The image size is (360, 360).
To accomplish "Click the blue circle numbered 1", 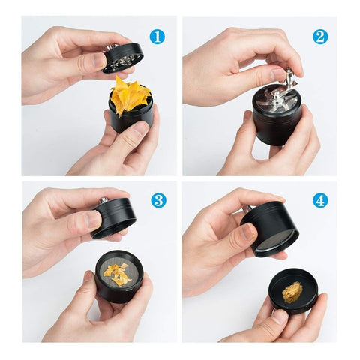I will (x=157, y=36).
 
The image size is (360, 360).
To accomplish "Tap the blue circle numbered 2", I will (x=320, y=36).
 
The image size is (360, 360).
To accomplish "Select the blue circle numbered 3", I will (x=157, y=200).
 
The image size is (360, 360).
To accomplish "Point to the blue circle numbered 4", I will (x=320, y=200).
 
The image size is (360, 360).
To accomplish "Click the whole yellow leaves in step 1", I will (x=130, y=94).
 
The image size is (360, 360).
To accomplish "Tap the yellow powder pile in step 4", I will (x=292, y=291).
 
